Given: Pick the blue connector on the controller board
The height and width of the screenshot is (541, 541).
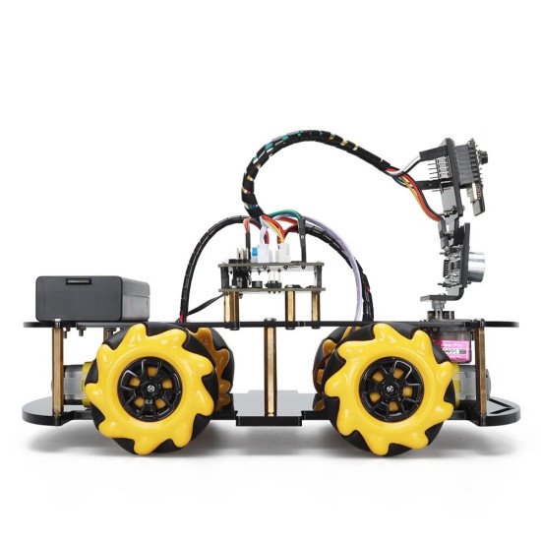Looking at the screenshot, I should (x=253, y=253).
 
